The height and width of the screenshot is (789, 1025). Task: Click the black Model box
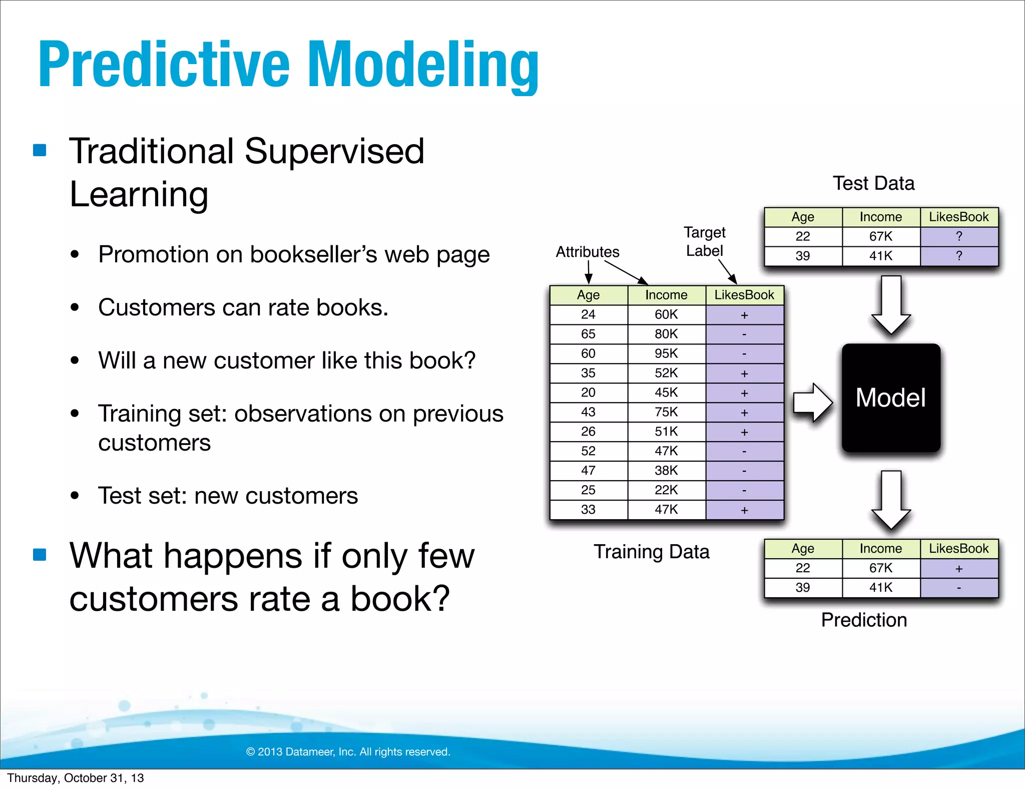pos(891,398)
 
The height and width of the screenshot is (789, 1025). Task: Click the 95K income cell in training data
pos(666,353)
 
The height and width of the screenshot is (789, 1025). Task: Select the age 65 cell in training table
pos(588,334)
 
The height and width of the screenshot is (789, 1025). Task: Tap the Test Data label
pos(873,183)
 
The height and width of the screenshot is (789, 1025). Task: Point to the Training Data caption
pos(651,552)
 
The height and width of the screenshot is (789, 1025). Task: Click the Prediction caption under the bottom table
pos(864,620)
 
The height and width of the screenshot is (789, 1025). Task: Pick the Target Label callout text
pos(704,241)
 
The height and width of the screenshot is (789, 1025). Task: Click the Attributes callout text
pos(588,252)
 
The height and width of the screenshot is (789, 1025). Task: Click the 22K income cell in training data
pos(666,490)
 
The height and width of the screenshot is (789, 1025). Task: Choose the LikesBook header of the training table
pos(744,295)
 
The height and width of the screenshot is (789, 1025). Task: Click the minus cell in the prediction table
pos(958,588)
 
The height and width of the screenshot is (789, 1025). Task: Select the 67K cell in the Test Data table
pos(880,236)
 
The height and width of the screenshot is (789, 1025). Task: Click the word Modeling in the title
pos(423,65)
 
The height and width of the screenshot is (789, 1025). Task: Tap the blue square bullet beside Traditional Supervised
pos(40,150)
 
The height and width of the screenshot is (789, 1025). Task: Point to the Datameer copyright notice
pos(348,751)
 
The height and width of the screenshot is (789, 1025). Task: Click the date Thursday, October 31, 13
pos(76,778)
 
